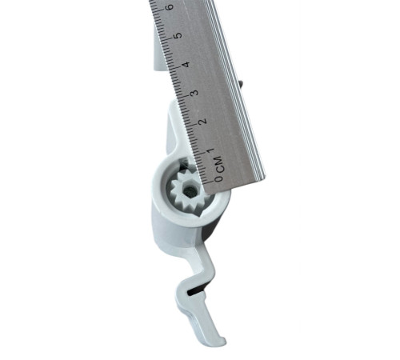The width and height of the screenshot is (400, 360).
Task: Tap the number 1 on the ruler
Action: (211, 150)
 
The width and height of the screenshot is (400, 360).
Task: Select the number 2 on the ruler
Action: (203, 121)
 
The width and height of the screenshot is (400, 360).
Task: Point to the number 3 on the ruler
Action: (195, 93)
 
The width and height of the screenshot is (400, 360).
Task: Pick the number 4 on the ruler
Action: (187, 64)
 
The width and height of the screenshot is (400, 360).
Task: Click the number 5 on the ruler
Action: (178, 35)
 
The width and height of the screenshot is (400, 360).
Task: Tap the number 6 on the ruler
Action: (170, 7)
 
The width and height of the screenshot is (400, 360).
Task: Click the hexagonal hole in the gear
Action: (190, 190)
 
